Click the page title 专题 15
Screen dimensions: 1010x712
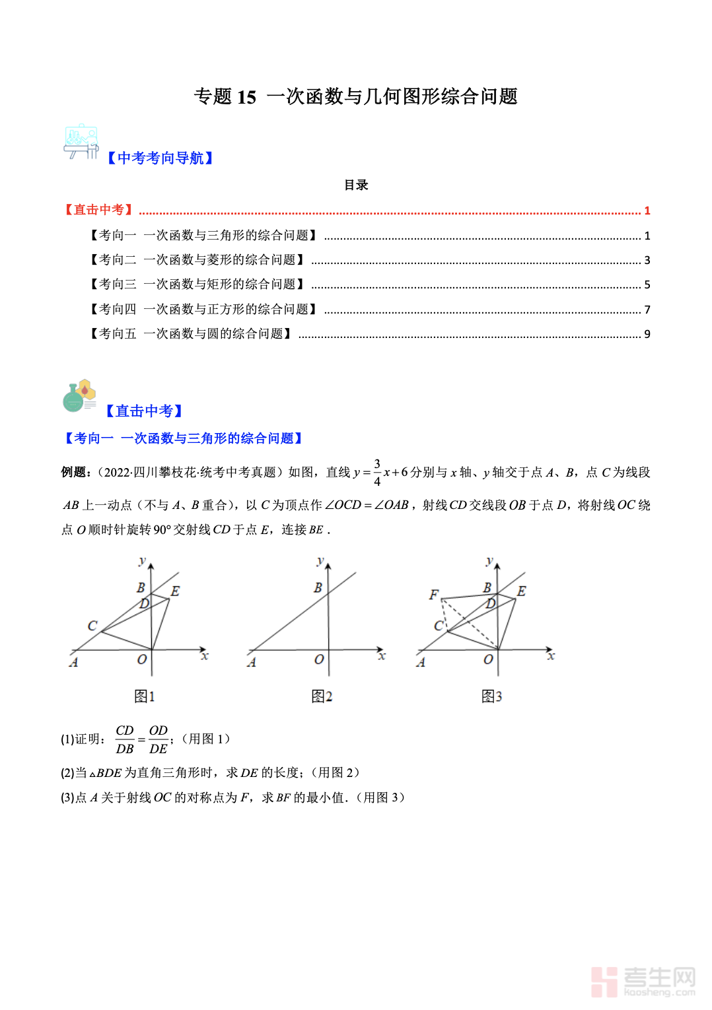[x=355, y=96]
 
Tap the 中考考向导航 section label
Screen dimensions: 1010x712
[x=160, y=158]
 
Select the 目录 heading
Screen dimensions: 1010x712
[x=356, y=185]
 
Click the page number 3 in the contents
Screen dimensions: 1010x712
[x=647, y=260]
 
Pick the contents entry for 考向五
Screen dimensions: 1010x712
[x=191, y=334]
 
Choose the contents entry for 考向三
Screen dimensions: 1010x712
[x=197, y=285]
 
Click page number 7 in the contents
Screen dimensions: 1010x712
[x=647, y=310]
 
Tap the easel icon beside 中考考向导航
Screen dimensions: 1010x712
[x=81, y=141]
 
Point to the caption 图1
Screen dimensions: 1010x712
[x=144, y=696]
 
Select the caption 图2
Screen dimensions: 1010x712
[x=322, y=696]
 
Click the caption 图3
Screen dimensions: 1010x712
[x=491, y=696]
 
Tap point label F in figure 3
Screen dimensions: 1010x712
[x=434, y=595]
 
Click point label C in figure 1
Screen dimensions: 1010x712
[x=92, y=625]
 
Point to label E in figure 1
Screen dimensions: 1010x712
[x=175, y=591]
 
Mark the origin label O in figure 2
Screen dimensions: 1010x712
[x=319, y=659]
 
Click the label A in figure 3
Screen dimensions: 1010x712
[x=421, y=662]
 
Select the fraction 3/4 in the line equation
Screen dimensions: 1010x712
[x=377, y=473]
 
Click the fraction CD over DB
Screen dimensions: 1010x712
[x=125, y=739]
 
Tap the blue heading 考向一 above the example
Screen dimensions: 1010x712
[x=184, y=438]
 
